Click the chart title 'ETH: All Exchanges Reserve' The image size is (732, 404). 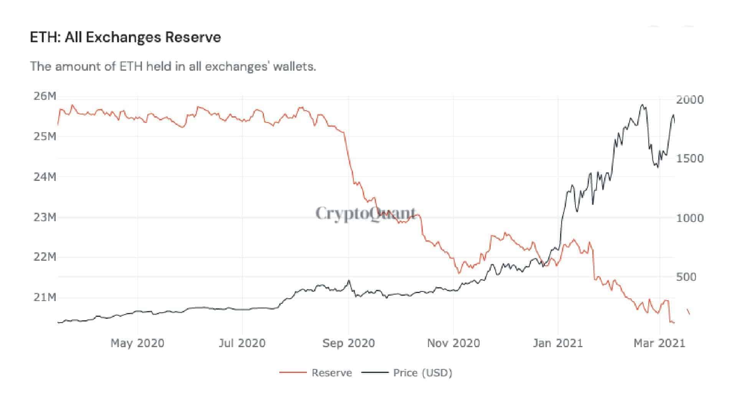pos(125,38)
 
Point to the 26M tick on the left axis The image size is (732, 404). pos(45,96)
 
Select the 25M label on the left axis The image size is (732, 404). pos(45,137)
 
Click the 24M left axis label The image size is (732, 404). pos(45,177)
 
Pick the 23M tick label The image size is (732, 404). pos(45,218)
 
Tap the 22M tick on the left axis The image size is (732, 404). pos(45,257)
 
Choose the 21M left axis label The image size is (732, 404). pos(45,297)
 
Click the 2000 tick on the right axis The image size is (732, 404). pos(690,100)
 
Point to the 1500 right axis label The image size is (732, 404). pos(690,159)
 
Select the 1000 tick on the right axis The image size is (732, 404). pos(690,218)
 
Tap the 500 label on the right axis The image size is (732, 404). pos(686,277)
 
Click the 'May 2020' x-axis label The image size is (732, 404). pos(137,343)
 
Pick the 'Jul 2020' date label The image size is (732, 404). pos(242,343)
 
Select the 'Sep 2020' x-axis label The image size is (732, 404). pos(348,343)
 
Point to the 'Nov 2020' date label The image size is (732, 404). pos(453,343)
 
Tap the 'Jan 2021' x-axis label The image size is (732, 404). pos(558,343)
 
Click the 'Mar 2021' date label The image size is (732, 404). pos(659,343)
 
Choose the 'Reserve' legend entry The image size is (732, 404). pos(331,373)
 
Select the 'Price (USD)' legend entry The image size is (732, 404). pos(422,373)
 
